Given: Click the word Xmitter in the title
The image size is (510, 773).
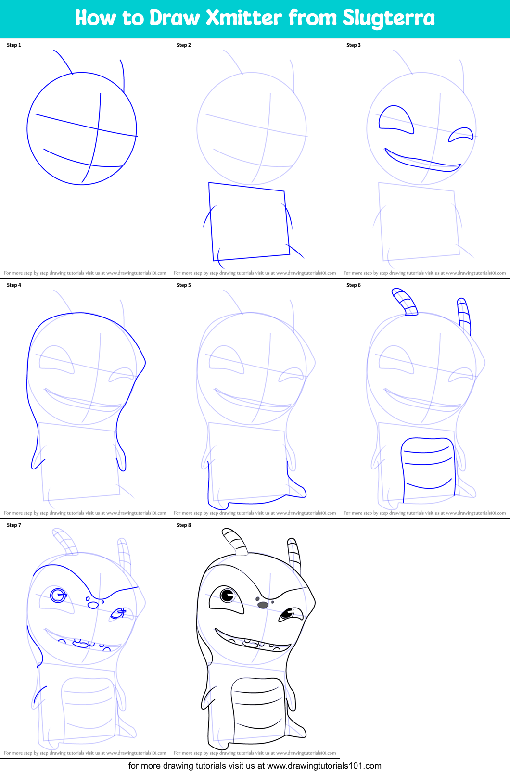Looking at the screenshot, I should pyautogui.click(x=244, y=18).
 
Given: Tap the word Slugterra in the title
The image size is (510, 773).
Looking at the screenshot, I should pyautogui.click(x=388, y=18).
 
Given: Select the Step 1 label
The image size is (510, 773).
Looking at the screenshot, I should pyautogui.click(x=14, y=45).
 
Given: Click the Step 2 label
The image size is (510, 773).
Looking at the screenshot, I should pyautogui.click(x=184, y=45).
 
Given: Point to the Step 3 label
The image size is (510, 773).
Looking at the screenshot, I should pyautogui.click(x=354, y=45).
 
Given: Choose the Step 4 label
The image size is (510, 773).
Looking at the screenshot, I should pyautogui.click(x=14, y=285).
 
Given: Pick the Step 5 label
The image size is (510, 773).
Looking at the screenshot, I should pyautogui.click(x=184, y=285).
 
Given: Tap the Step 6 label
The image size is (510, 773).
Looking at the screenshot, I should pyautogui.click(x=354, y=285).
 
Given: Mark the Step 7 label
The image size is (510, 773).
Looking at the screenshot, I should pyautogui.click(x=14, y=525).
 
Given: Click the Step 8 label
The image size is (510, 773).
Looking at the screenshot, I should pyautogui.click(x=184, y=525).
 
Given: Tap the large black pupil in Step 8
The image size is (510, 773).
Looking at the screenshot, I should pyautogui.click(x=227, y=596).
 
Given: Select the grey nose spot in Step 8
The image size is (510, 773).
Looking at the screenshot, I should pyautogui.click(x=263, y=605).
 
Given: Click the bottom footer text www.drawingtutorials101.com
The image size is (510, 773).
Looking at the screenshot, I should pyautogui.click(x=324, y=766).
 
